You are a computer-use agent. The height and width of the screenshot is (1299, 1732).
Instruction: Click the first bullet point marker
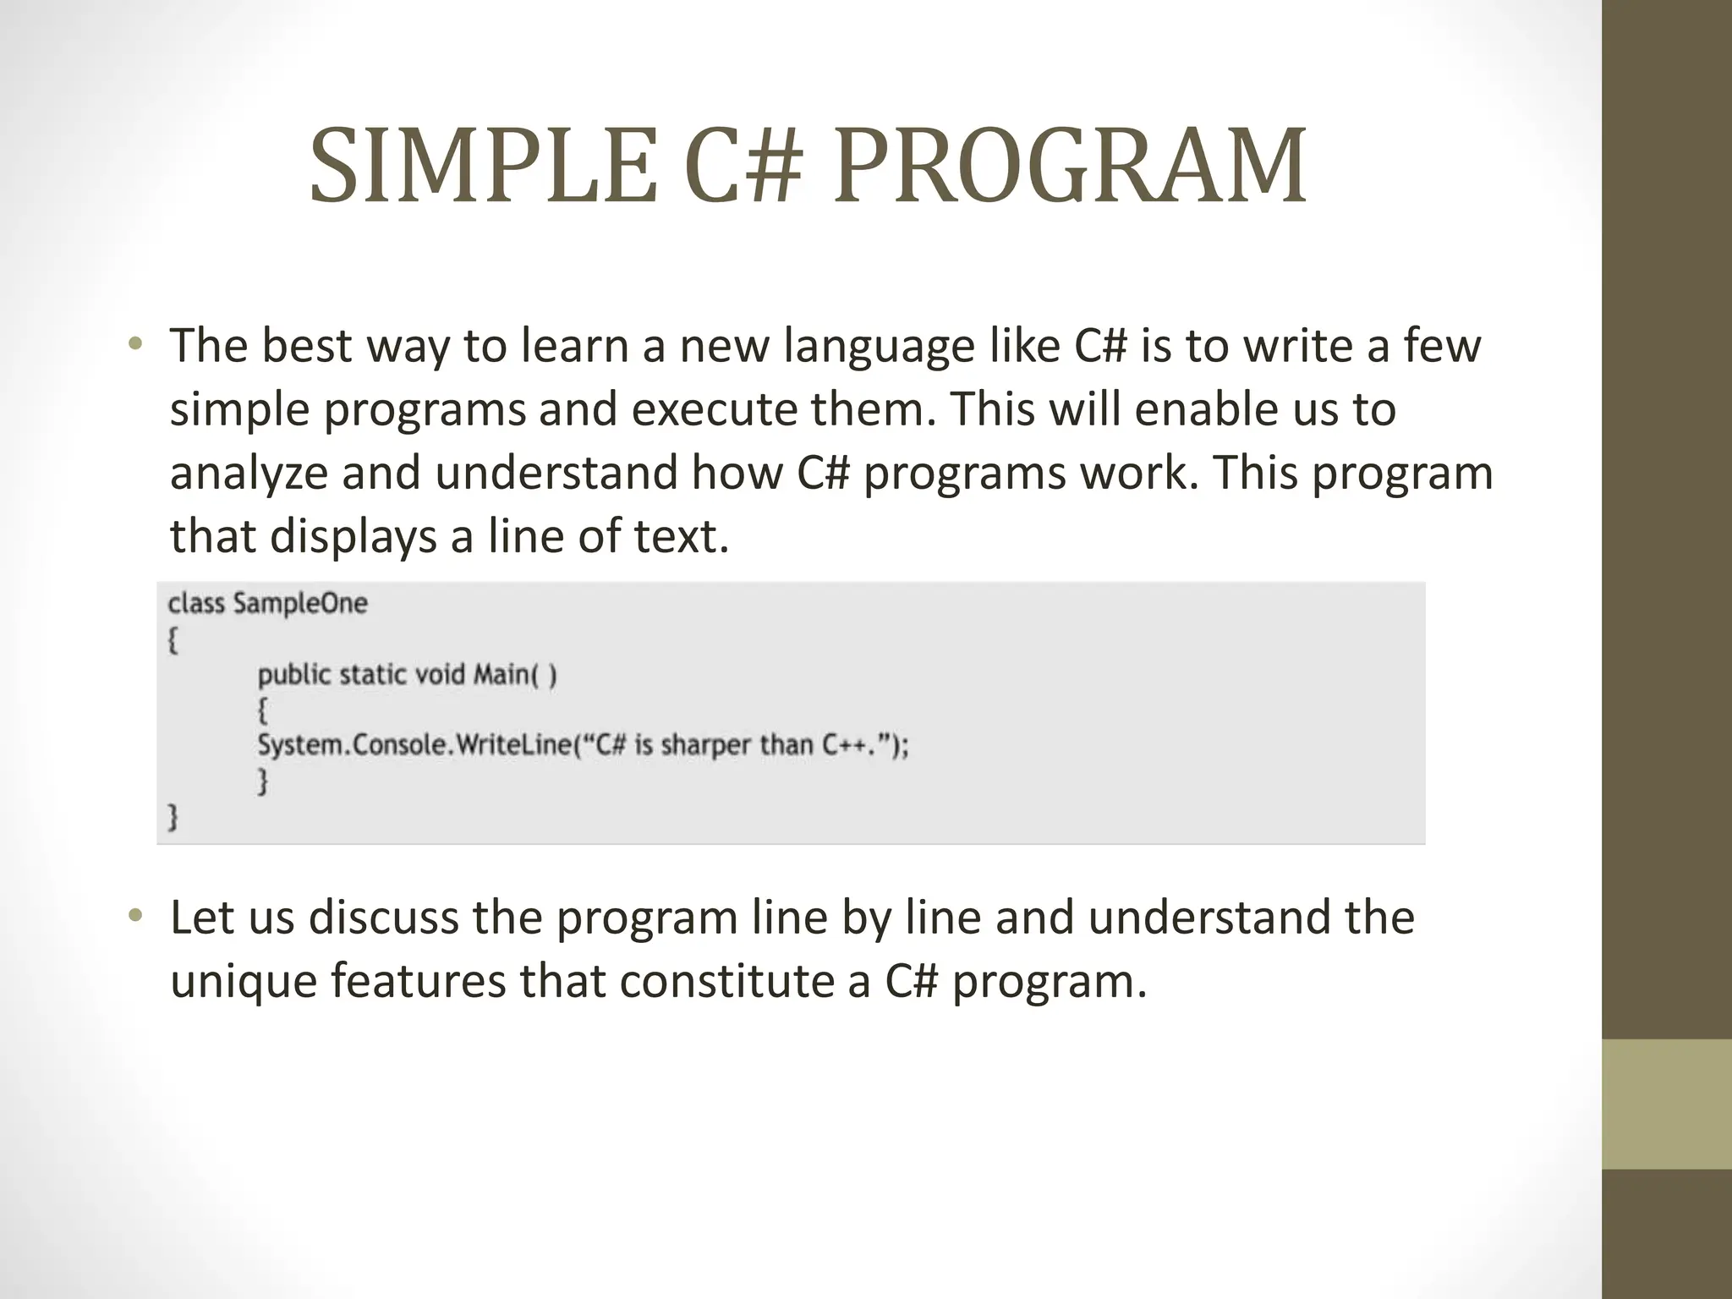[135, 344]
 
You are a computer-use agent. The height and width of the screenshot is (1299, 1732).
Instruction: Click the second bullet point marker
[135, 916]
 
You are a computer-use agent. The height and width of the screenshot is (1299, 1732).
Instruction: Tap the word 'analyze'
[249, 474]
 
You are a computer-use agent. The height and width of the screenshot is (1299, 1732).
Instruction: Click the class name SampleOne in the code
[300, 604]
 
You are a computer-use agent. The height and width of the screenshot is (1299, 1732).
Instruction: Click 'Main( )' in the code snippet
[515, 674]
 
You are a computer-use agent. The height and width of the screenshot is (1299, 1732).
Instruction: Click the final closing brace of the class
[173, 816]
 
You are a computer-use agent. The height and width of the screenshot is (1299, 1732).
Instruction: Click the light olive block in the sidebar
[1666, 1104]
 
